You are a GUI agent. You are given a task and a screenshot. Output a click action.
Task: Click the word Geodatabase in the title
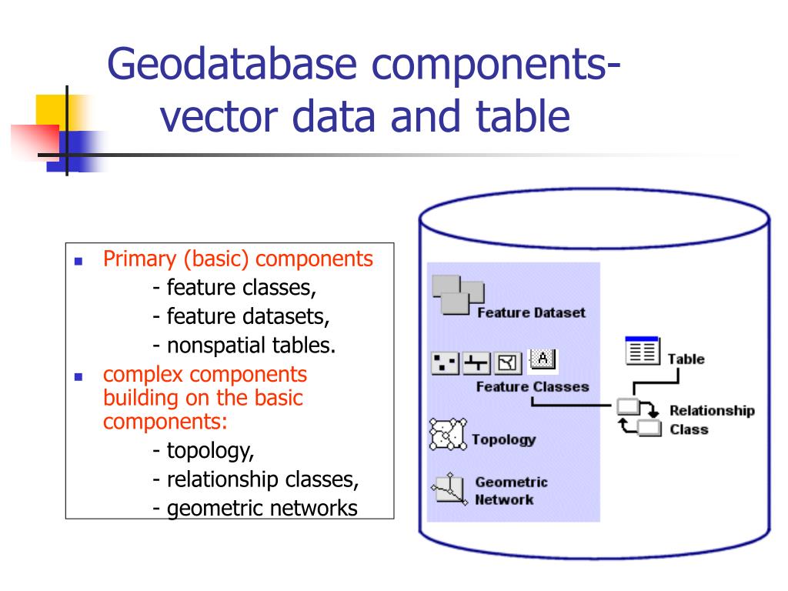(x=232, y=65)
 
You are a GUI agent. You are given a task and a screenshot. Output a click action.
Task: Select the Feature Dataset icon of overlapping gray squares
(x=458, y=295)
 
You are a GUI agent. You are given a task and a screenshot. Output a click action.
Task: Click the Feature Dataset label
(x=531, y=312)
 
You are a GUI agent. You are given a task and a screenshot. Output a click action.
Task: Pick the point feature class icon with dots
(x=445, y=362)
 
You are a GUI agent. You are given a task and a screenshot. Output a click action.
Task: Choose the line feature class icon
(x=476, y=362)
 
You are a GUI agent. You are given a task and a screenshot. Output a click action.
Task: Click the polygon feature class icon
(x=508, y=362)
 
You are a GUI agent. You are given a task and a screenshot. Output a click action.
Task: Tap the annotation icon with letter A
(x=543, y=360)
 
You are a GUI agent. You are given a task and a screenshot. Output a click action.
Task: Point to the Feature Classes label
(x=533, y=386)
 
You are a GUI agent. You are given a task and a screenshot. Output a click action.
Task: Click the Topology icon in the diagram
(x=448, y=434)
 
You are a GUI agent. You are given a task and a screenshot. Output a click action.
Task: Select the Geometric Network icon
(x=449, y=489)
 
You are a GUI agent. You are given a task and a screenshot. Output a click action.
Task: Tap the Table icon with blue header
(x=642, y=350)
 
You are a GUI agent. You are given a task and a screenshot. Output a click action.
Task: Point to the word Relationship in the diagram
(x=712, y=411)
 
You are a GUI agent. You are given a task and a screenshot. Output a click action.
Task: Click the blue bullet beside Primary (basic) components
(x=78, y=261)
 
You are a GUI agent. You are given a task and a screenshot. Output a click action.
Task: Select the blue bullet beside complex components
(x=78, y=376)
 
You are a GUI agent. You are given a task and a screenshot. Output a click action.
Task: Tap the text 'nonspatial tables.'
(x=251, y=346)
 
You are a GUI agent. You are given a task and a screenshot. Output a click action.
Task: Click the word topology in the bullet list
(x=210, y=451)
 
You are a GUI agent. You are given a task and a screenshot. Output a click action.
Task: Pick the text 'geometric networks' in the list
(x=262, y=509)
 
